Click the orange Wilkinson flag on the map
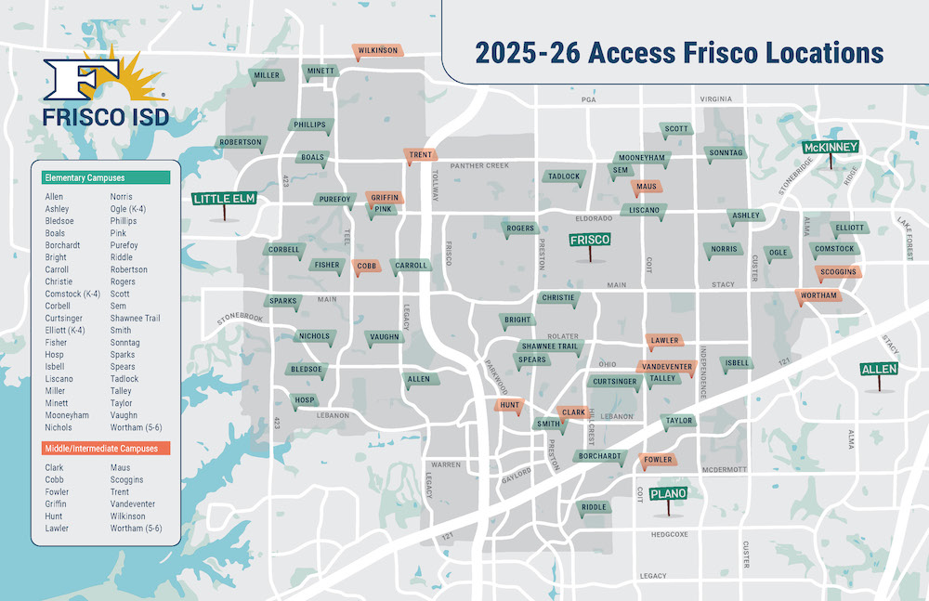(377, 50)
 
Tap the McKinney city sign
(831, 148)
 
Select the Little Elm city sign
(223, 199)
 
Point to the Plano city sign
(668, 494)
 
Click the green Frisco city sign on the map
(589, 240)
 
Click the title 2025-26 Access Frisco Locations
(679, 53)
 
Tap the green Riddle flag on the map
(594, 507)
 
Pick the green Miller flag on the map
(267, 75)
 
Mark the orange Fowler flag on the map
(658, 460)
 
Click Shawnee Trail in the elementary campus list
(135, 319)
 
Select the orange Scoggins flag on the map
(837, 271)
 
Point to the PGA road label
(587, 99)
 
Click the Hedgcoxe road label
(668, 534)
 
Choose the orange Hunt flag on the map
(509, 406)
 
